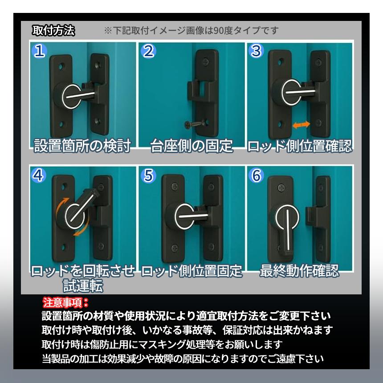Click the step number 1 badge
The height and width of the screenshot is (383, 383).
40,51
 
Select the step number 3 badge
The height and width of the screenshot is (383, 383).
256,51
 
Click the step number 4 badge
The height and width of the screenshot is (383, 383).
40,175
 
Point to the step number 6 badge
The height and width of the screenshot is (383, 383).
256,175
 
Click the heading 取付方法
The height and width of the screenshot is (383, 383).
53,31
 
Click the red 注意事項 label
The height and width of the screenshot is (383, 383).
65,303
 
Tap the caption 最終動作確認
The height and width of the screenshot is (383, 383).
299,270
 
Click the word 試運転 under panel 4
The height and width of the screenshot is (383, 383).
82,285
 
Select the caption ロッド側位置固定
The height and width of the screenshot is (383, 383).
191,270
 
